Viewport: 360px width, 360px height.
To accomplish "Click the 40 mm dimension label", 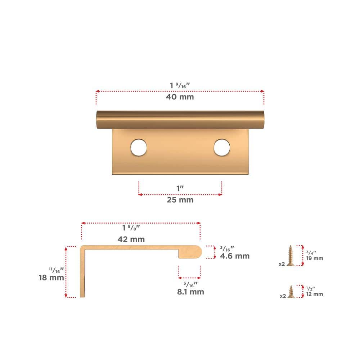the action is tap(180, 97).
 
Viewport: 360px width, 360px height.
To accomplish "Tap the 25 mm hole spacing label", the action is tap(180, 200).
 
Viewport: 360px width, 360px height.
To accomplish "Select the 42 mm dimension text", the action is tap(131, 239).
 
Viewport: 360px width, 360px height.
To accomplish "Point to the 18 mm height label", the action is tap(51, 278).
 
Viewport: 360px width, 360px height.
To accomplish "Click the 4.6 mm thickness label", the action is tap(235, 256).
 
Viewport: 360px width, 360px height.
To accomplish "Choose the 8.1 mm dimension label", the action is tap(190, 292).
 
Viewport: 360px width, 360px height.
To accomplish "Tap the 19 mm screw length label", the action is tap(315, 258).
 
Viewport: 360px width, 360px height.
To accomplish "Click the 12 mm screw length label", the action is tap(315, 294).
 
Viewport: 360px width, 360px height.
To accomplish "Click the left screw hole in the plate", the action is tap(139, 147).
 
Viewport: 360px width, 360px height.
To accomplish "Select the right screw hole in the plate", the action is tap(222, 147).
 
